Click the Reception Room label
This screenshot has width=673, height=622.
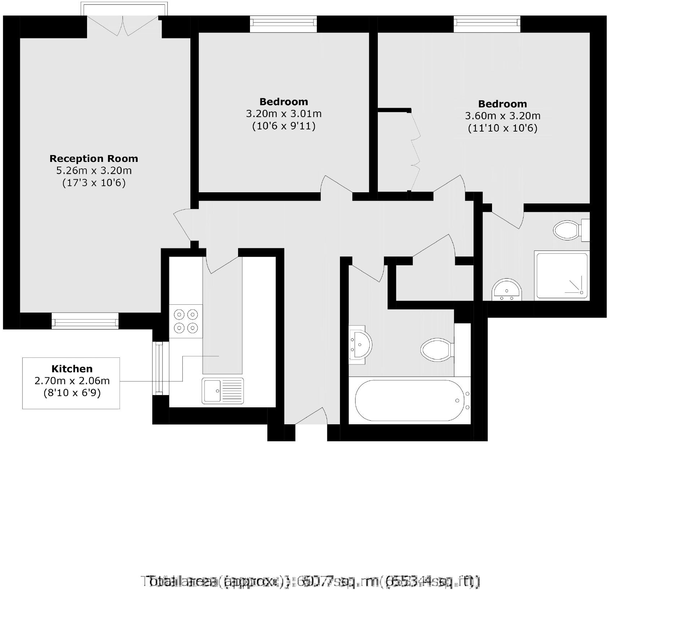pyautogui.click(x=94, y=158)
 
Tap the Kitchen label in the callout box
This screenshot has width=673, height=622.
pyautogui.click(x=72, y=369)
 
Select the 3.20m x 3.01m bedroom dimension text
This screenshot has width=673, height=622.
pyautogui.click(x=284, y=113)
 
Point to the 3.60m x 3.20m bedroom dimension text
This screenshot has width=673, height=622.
pyautogui.click(x=502, y=116)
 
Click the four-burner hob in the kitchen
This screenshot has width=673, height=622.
pyautogui.click(x=186, y=321)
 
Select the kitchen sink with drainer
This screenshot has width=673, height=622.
pyautogui.click(x=223, y=391)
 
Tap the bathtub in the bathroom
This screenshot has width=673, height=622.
pyautogui.click(x=409, y=400)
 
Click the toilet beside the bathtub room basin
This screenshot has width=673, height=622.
pyautogui.click(x=437, y=349)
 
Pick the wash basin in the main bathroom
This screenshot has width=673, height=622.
pyautogui.click(x=360, y=343)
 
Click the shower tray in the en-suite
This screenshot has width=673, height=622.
pyautogui.click(x=561, y=276)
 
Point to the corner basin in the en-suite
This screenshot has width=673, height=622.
pyautogui.click(x=507, y=289)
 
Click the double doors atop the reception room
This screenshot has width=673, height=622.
pyautogui.click(x=123, y=25)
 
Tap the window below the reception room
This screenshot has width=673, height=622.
pyautogui.click(x=85, y=321)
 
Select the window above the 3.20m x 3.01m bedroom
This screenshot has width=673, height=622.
pyautogui.click(x=284, y=23)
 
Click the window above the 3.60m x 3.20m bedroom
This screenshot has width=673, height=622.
pyautogui.click(x=487, y=23)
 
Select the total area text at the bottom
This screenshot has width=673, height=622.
pyautogui.click(x=311, y=582)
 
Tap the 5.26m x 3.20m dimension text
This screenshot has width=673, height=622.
pyautogui.click(x=94, y=170)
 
